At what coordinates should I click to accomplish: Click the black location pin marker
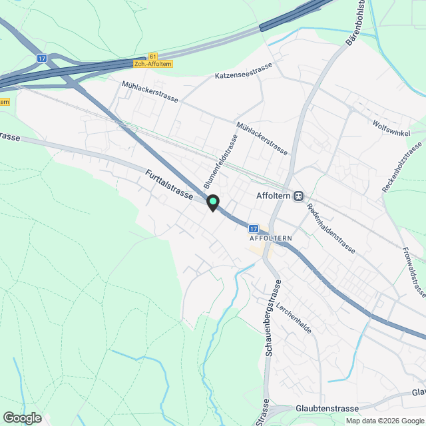pyautogui.click(x=212, y=203)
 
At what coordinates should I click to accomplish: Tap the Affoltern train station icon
pyautogui.click(x=300, y=196)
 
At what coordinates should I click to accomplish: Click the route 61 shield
pyautogui.click(x=154, y=57)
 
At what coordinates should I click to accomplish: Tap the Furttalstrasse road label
pyautogui.click(x=169, y=186)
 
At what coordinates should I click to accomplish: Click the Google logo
pyautogui.click(x=22, y=417)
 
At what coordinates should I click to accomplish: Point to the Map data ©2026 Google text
pyautogui.click(x=384, y=421)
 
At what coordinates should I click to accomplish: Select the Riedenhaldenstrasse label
pyautogui.click(x=330, y=228)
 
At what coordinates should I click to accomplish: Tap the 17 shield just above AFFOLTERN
pyautogui.click(x=253, y=228)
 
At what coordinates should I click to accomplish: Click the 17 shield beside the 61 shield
pyautogui.click(x=41, y=59)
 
